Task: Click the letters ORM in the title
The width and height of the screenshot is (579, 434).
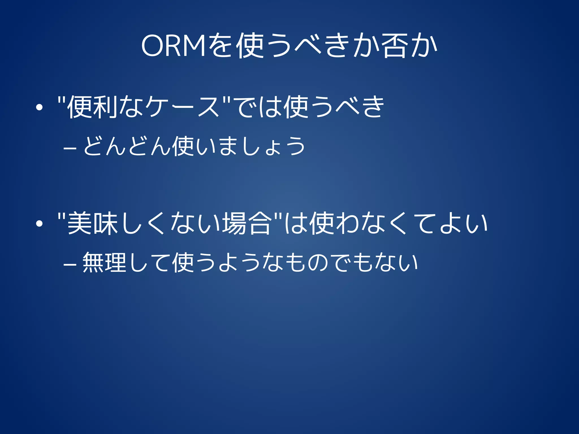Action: [173, 46]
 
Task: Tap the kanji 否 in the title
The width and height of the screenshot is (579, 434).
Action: [395, 46]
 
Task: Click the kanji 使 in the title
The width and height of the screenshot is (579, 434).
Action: [250, 46]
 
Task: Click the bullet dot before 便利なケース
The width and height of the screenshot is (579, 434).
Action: [39, 107]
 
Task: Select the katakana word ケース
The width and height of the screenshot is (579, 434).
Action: [182, 107]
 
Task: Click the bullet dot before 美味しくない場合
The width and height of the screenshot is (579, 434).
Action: [39, 224]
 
